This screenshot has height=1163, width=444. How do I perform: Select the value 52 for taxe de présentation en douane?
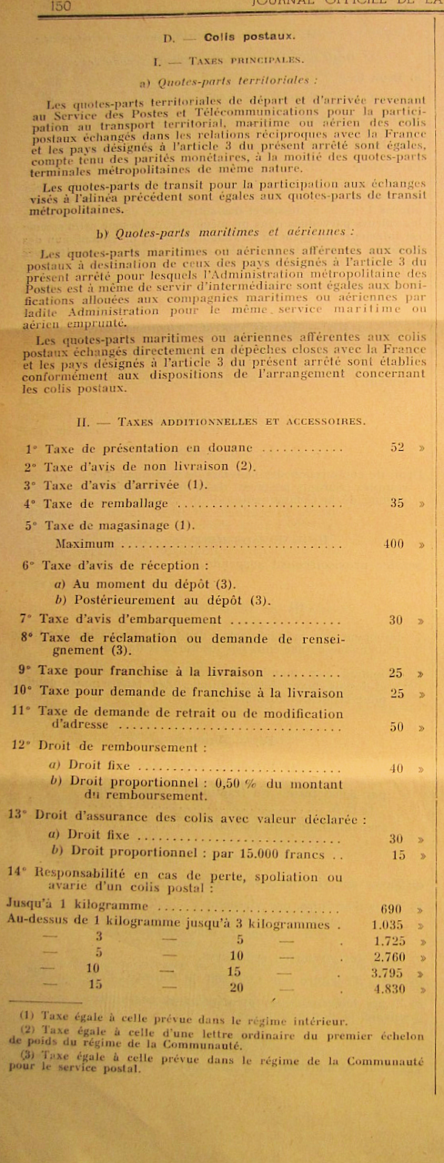[397, 448]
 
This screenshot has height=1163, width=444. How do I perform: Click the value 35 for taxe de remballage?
[397, 503]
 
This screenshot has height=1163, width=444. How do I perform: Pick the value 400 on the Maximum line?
[394, 544]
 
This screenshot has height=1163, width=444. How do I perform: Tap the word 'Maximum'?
[85, 544]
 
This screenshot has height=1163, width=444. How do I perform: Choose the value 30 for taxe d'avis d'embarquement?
[397, 620]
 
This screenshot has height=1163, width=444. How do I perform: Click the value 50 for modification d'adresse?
[397, 727]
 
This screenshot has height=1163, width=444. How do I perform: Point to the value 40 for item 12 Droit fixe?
[397, 769]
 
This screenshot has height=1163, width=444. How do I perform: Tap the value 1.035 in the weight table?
[387, 925]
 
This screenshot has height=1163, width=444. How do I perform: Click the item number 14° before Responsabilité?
[18, 871]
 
